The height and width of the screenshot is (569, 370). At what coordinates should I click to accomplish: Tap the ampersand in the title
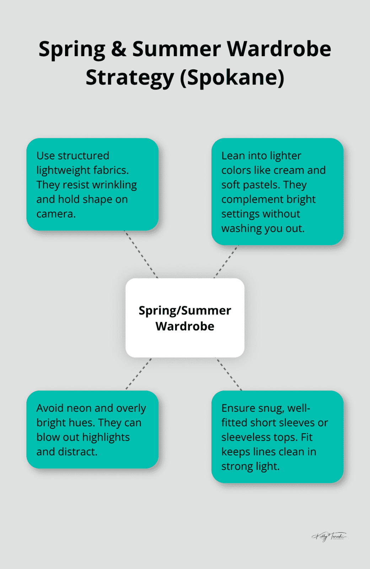point(118,49)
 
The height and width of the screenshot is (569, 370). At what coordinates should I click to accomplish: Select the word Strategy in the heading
point(130,78)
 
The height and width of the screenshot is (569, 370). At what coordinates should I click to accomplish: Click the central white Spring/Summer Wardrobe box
point(185,318)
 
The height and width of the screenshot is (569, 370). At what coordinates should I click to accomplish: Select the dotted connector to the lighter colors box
point(226,262)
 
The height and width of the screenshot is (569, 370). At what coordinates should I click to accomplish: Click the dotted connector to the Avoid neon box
point(139,374)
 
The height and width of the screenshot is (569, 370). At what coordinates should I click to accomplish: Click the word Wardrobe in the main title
point(279,49)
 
